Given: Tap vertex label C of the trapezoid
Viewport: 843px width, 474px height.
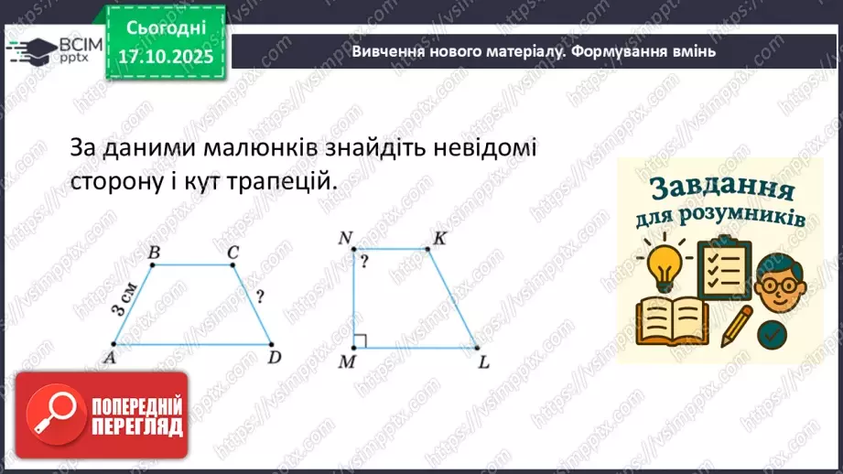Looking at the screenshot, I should [x=234, y=253].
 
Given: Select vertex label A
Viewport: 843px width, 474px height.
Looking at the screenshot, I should [x=108, y=357].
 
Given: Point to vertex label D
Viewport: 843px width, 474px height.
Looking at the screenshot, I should [x=274, y=357].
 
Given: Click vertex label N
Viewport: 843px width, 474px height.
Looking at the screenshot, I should [x=345, y=239].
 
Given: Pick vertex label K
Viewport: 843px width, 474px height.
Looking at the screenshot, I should [x=439, y=239].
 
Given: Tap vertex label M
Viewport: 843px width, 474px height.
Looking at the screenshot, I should [x=346, y=362].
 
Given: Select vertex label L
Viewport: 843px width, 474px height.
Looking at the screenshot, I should [x=484, y=362].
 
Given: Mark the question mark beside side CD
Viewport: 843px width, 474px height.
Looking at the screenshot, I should [x=261, y=296].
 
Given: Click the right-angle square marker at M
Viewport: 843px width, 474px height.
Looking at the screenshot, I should [x=361, y=341].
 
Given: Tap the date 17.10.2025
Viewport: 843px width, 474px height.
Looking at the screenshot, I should [x=166, y=57].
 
